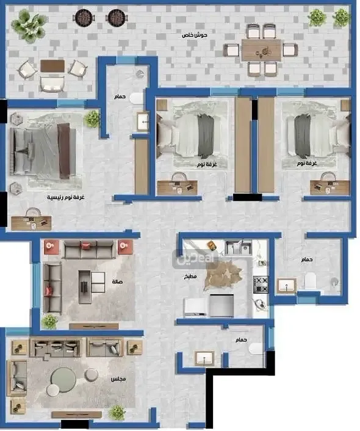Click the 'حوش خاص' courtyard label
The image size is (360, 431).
[x=194, y=35]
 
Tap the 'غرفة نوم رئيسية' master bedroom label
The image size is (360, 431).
[x=65, y=197]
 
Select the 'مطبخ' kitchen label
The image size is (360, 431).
[x=190, y=277]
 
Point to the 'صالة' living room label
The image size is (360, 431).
[x=117, y=282]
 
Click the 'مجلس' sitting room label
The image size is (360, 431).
[x=118, y=379]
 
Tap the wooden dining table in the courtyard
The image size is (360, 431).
[x=261, y=50]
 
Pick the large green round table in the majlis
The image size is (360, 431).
[x=63, y=380]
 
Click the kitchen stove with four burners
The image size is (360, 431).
[x=261, y=284]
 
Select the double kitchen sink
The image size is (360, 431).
[x=238, y=247]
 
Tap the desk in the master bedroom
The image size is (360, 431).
[x=31, y=223]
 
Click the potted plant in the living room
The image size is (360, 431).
[x=49, y=321]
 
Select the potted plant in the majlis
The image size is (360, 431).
[x=117, y=412]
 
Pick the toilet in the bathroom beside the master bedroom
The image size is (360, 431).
[x=137, y=99]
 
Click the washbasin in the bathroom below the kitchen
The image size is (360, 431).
[x=204, y=358]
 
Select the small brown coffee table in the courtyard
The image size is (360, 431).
[x=52, y=66]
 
